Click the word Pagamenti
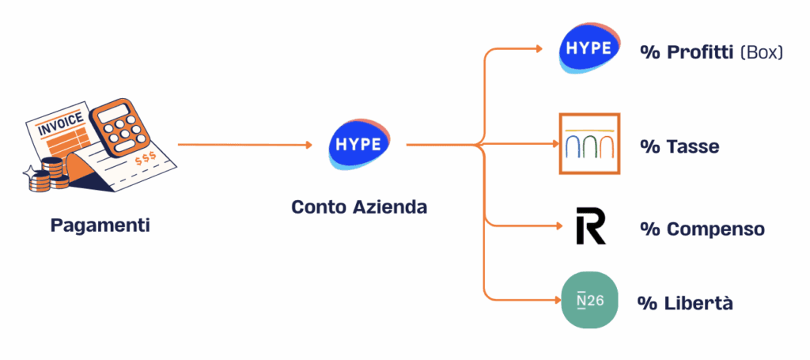(x=100, y=225)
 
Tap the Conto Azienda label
(x=359, y=207)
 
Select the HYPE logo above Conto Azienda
(x=358, y=146)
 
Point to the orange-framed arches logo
(x=589, y=143)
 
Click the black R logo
(x=590, y=226)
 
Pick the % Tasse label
(x=679, y=147)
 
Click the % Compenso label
(x=702, y=229)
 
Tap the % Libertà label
(x=685, y=303)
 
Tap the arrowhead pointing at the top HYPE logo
(x=540, y=49)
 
